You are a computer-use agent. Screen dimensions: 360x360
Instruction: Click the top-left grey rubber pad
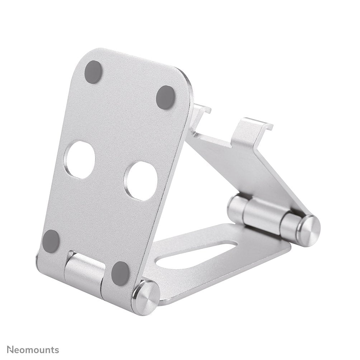(x=94, y=72)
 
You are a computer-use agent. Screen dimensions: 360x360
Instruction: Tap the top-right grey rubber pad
(x=166, y=97)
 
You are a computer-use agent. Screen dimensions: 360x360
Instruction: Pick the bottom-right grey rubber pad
(x=120, y=273)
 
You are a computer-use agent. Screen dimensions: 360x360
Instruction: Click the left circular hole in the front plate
(x=80, y=160)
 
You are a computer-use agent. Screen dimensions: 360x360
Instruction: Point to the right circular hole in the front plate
(x=141, y=181)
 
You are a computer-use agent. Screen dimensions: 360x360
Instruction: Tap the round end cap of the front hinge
(x=145, y=297)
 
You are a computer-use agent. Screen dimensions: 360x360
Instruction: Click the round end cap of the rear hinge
(x=309, y=231)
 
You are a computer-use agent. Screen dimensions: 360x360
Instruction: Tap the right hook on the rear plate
(x=251, y=131)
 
